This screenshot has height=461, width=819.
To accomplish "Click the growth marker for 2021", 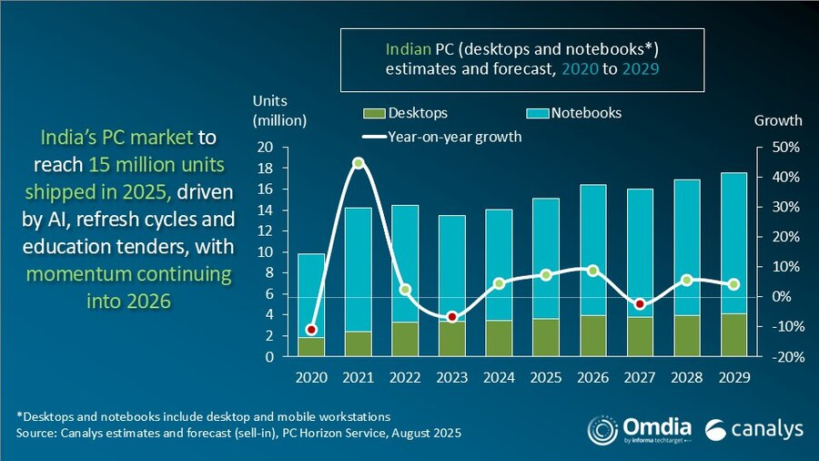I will click(359, 163).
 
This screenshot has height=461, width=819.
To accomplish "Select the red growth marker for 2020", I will click(312, 330).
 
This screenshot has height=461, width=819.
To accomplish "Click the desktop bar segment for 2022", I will click(406, 339).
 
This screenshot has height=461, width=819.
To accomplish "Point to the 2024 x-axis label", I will click(500, 375).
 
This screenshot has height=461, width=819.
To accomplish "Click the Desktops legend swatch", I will click(373, 114).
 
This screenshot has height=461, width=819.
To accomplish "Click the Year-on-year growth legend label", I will click(454, 138).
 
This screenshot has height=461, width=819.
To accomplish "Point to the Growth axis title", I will click(779, 120).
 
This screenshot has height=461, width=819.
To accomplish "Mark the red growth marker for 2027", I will click(640, 303).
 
